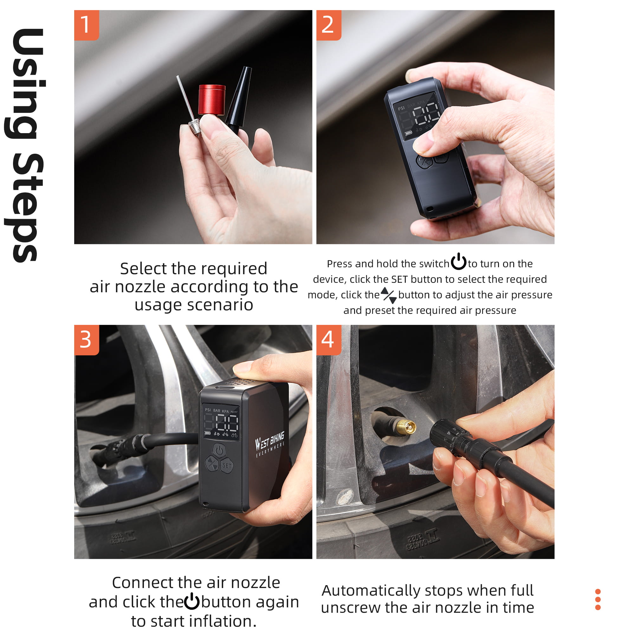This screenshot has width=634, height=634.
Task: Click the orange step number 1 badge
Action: [87, 25]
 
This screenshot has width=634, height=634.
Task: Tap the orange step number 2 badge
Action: [329, 25]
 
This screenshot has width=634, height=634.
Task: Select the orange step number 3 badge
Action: [87, 340]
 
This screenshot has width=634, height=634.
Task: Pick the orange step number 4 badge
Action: [329, 340]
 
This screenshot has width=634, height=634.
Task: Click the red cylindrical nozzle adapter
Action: [212, 100]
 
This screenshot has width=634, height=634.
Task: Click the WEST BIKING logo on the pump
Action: [270, 444]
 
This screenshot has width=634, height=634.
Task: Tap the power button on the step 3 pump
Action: [219, 450]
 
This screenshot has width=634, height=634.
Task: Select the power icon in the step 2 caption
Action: [458, 261]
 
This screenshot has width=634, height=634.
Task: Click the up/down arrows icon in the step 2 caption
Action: [389, 295]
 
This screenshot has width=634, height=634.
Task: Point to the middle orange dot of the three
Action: [598, 599]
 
